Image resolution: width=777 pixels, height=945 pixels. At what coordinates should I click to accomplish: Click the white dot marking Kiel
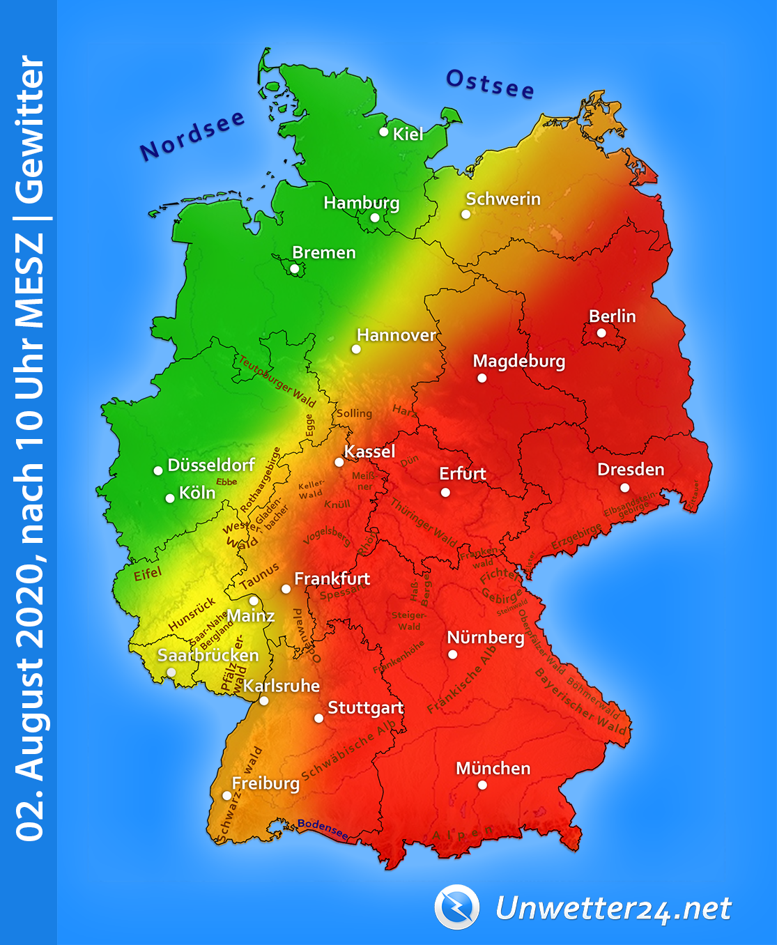pos(384,132)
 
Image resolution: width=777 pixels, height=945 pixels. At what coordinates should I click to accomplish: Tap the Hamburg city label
pos(361,203)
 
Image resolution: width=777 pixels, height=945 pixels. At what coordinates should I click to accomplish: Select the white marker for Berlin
pos(601,333)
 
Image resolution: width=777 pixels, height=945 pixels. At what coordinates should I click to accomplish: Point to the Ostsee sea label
pos(490,84)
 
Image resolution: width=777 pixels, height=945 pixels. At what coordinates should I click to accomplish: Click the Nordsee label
pos(192,135)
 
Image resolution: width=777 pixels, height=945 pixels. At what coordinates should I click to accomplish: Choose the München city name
pos(493,768)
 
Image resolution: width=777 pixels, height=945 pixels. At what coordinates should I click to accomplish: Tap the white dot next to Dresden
pos(624,488)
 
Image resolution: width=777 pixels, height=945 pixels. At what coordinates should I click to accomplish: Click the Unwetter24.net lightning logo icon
pos(456,907)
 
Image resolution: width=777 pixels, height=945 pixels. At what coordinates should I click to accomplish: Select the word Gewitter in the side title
pos(31,129)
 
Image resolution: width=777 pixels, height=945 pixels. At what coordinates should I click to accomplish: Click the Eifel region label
pos(148,574)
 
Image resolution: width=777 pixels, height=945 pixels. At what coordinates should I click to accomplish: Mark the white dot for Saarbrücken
pos(171,673)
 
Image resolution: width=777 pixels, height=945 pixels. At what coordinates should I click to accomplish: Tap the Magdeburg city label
pos(518,361)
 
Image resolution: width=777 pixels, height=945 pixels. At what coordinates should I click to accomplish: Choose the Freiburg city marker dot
pos(227,795)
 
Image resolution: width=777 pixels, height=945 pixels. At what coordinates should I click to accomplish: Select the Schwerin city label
pos(502,199)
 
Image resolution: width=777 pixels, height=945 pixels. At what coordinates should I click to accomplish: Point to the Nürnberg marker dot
pos(453,654)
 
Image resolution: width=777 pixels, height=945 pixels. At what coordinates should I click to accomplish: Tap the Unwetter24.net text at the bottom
pos(613,909)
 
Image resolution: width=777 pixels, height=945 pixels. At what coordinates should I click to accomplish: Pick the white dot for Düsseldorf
pos(158,470)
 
